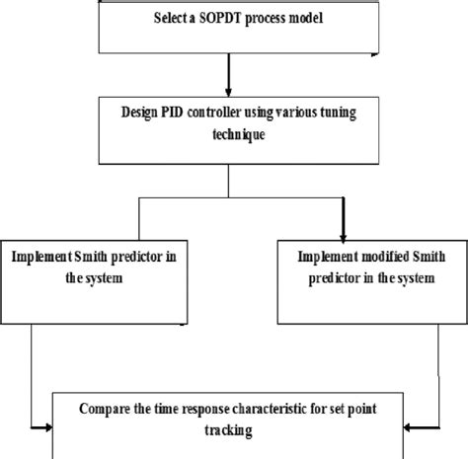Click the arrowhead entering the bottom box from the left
[x=46, y=428]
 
